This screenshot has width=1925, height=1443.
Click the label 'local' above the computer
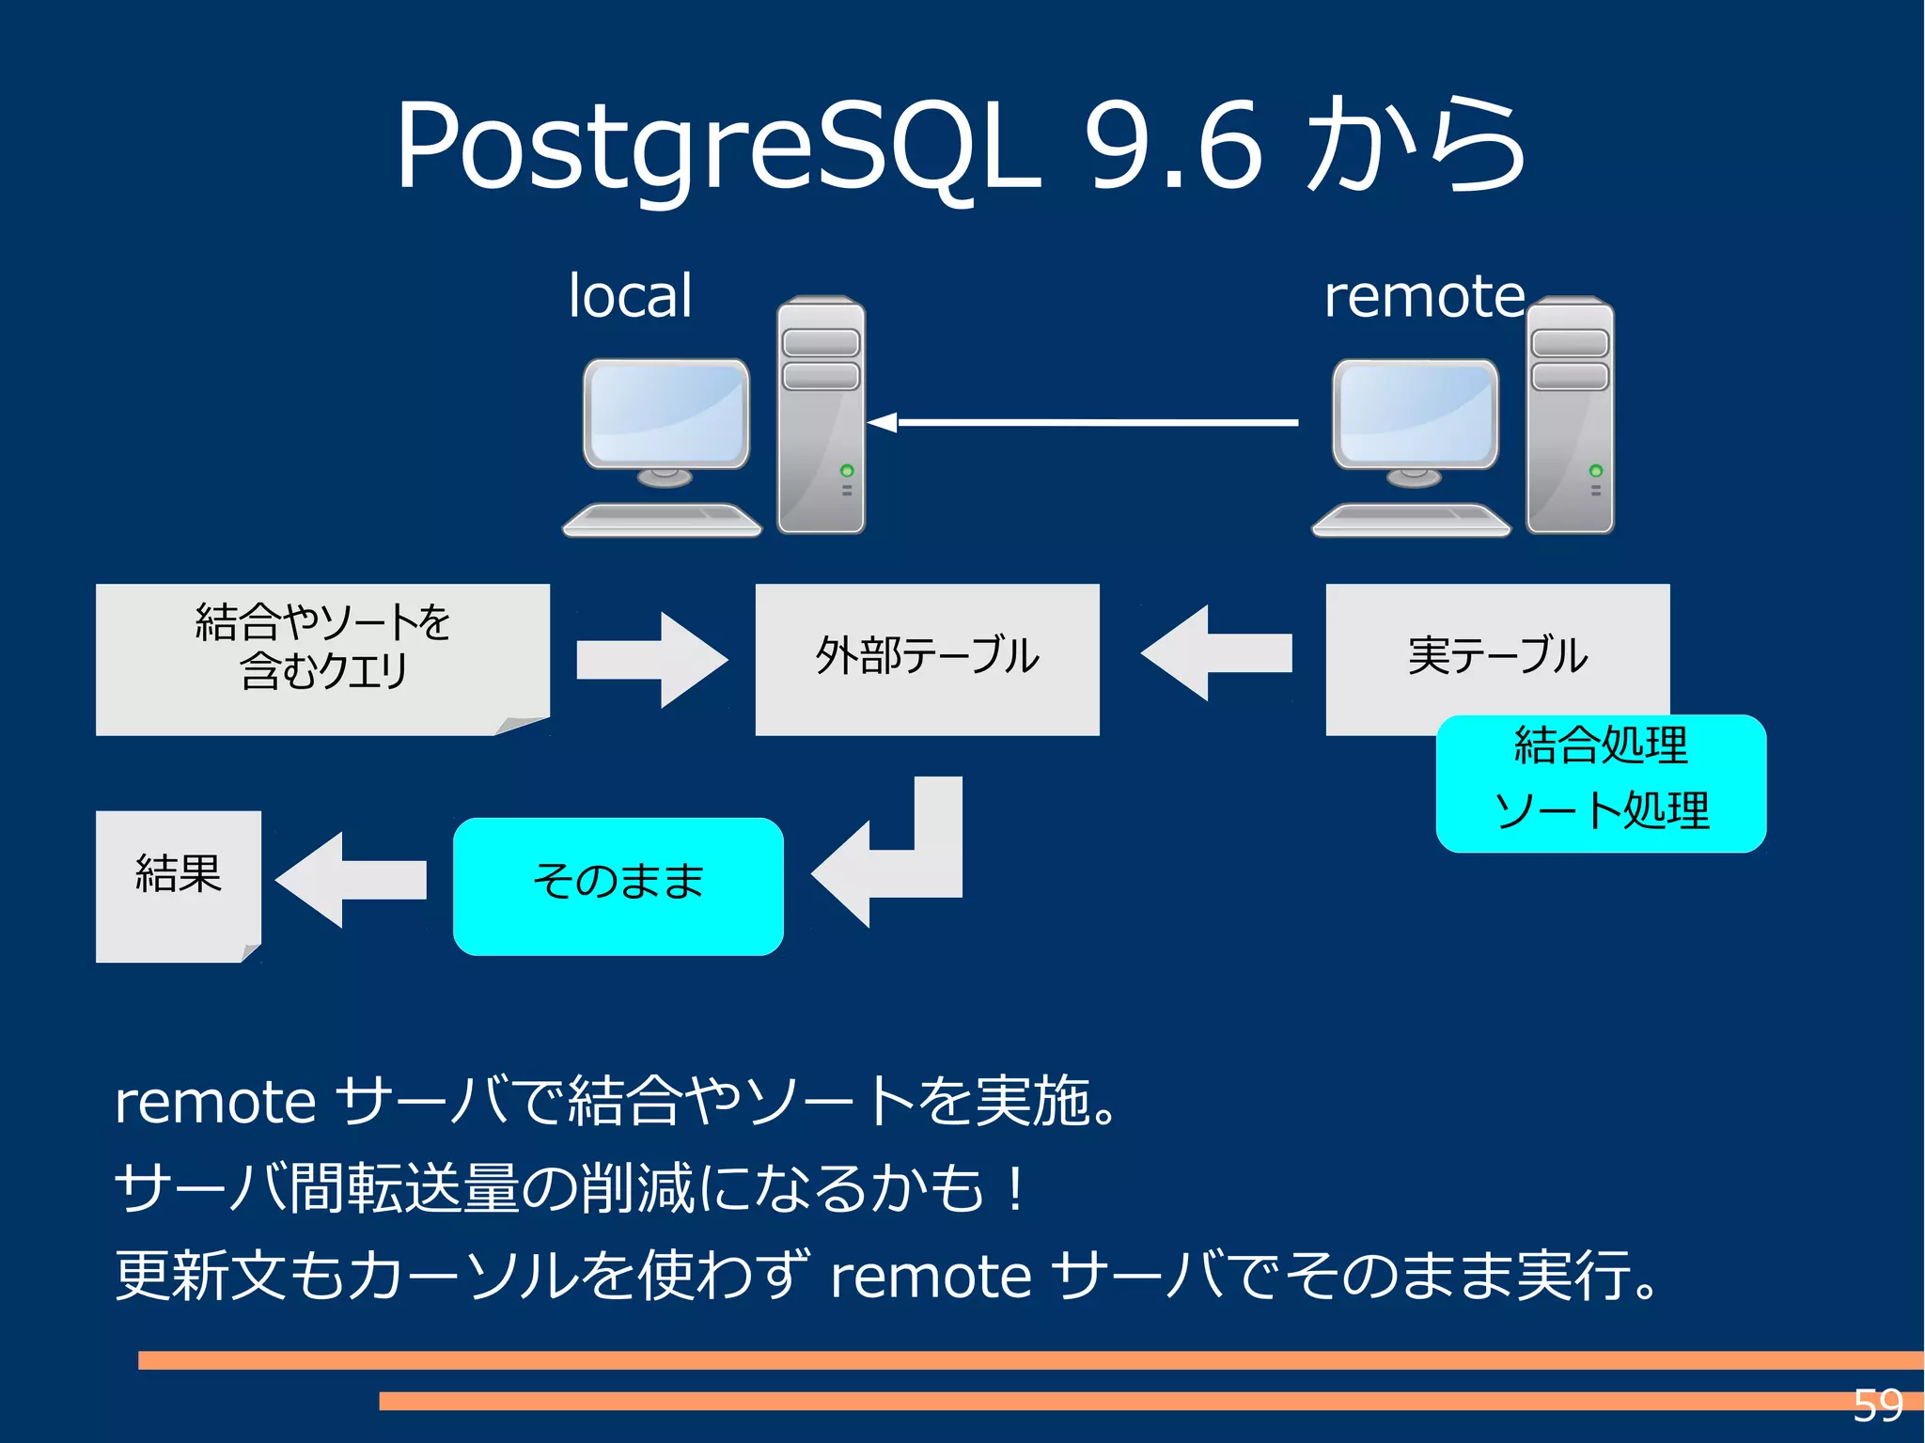click(x=630, y=296)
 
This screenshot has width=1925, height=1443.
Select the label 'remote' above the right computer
click(x=1423, y=296)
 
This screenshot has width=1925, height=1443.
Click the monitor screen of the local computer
click(x=665, y=412)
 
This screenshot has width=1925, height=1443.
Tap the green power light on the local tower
click(x=847, y=470)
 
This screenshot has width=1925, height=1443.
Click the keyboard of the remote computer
click(x=1410, y=519)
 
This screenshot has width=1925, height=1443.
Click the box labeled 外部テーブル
click(x=927, y=658)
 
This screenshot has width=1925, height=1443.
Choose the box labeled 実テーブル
click(x=1496, y=649)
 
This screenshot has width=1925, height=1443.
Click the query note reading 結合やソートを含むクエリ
click(x=322, y=658)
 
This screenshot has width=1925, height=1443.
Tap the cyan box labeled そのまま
click(x=618, y=886)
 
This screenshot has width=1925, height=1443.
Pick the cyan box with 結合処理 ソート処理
click(x=1601, y=783)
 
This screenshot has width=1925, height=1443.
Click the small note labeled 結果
click(x=178, y=884)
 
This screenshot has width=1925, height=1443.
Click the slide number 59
click(x=1877, y=1406)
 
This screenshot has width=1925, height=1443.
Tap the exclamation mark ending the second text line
click(x=1015, y=1189)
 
